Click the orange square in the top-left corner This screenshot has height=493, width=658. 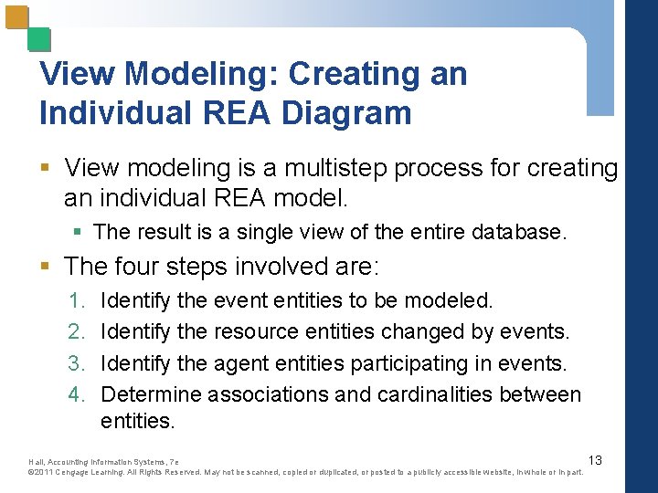click(17, 18)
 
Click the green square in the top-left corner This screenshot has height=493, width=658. click(39, 39)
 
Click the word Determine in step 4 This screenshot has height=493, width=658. click(151, 394)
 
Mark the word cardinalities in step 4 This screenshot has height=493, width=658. click(443, 394)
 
